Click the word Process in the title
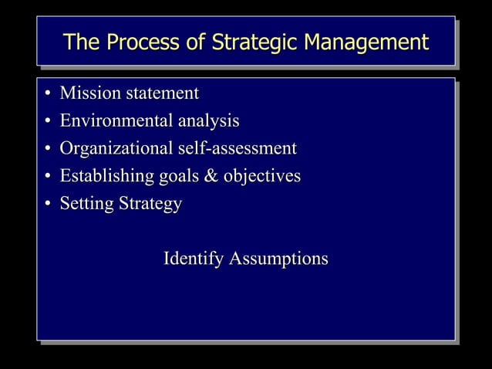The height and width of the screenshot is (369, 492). pyautogui.click(x=136, y=42)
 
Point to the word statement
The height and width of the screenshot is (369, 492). pyautogui.click(x=163, y=94)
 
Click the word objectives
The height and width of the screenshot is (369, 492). pyautogui.click(x=263, y=177)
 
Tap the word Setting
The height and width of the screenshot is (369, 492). pyautogui.click(x=86, y=205)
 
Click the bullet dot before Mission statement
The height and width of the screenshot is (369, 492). pyautogui.click(x=47, y=95)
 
